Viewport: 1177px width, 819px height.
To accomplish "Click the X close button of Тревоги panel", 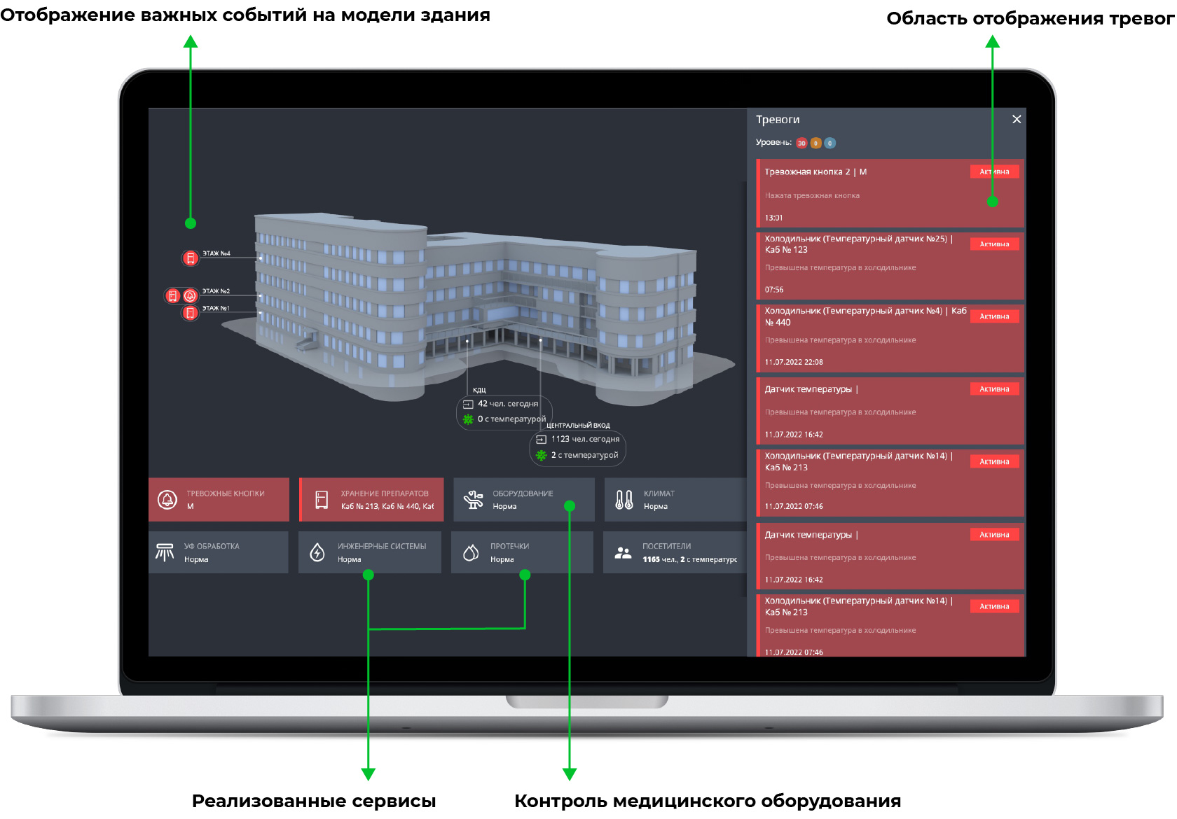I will tap(1017, 119).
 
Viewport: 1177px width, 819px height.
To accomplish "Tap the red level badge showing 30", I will tap(801, 143).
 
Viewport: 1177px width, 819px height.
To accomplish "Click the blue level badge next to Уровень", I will tap(830, 143).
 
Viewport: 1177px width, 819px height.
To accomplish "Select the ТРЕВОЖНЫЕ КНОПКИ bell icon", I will tap(167, 499).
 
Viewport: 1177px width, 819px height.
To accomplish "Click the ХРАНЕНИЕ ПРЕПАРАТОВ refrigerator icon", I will tap(322, 499).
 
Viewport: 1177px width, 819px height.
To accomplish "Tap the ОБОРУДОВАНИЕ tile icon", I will tap(474, 499).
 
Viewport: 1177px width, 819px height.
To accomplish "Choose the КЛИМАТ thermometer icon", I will tap(624, 499).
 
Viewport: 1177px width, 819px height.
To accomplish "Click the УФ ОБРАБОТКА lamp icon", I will tap(165, 552).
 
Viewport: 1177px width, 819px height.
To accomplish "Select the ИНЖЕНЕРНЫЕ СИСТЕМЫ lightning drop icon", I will tap(317, 552).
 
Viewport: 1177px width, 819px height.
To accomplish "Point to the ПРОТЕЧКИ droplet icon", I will tap(471, 552).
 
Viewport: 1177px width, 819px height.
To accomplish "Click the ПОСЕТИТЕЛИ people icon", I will tap(623, 552).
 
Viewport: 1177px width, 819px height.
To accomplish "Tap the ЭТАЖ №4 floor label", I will tap(216, 253).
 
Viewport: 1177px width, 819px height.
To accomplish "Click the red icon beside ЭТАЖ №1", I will tap(190, 313).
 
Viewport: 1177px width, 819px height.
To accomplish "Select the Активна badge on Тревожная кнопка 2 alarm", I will tap(994, 171).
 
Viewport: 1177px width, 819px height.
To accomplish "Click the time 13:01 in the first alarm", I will tap(773, 218).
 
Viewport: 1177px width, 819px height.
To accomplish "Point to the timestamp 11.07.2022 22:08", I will tap(794, 362).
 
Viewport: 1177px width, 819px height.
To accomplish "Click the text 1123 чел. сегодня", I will tap(585, 439).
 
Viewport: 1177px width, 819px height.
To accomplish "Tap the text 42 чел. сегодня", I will tap(508, 404).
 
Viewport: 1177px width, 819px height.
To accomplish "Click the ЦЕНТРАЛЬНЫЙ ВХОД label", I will tap(578, 426).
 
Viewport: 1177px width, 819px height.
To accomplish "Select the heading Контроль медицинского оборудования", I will tap(708, 801).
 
